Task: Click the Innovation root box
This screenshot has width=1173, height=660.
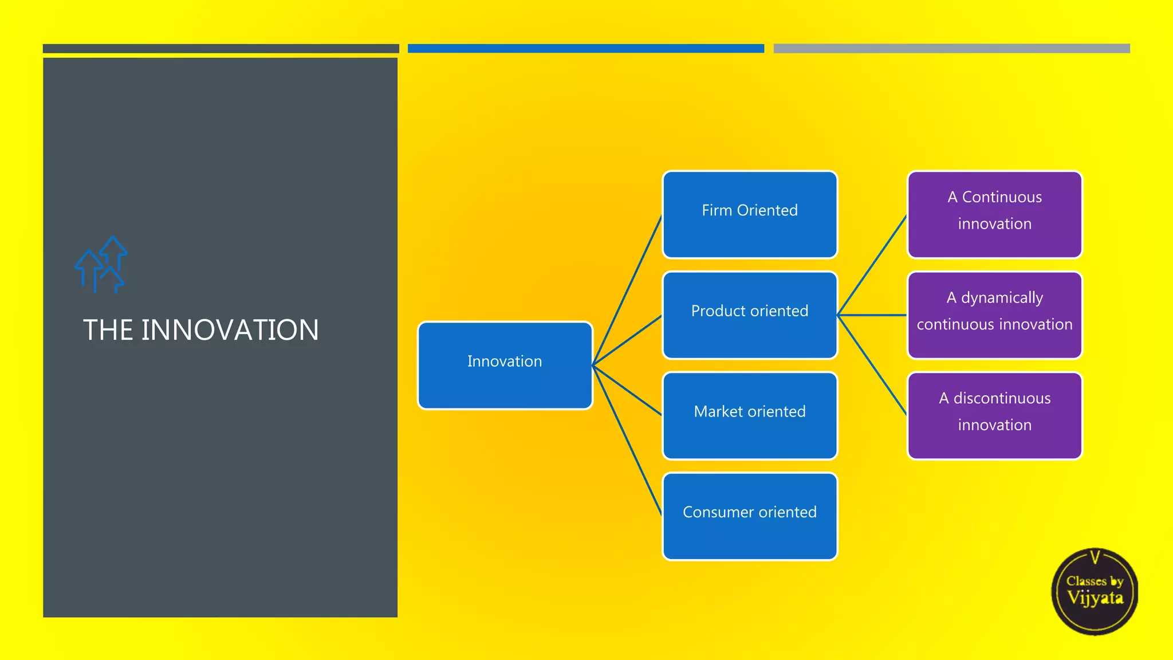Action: (505, 365)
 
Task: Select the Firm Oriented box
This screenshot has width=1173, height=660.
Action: (749, 214)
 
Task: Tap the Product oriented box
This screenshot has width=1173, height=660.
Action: (749, 315)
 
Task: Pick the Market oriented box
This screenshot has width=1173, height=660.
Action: (749, 415)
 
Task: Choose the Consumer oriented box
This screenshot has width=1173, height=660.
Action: (749, 516)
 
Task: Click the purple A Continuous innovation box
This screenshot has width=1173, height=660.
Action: (994, 214)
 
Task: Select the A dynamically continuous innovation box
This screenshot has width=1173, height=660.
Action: (994, 315)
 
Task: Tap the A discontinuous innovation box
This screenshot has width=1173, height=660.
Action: (994, 415)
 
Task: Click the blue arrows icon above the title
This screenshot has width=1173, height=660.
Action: (100, 265)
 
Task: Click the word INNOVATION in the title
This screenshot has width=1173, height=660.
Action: (230, 331)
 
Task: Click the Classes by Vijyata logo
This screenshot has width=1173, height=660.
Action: (1095, 591)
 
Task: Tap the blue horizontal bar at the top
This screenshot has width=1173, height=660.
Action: (585, 49)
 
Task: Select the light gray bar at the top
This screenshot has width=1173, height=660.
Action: (951, 49)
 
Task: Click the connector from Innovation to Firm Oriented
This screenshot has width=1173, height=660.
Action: (627, 290)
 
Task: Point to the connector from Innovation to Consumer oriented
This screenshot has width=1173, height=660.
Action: (627, 440)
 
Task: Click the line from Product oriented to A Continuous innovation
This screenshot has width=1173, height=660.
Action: (872, 265)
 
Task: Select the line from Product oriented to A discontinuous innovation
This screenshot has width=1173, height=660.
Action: (872, 365)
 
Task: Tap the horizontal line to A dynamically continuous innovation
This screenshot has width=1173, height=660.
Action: (872, 315)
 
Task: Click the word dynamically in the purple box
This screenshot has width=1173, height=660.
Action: (1002, 298)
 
